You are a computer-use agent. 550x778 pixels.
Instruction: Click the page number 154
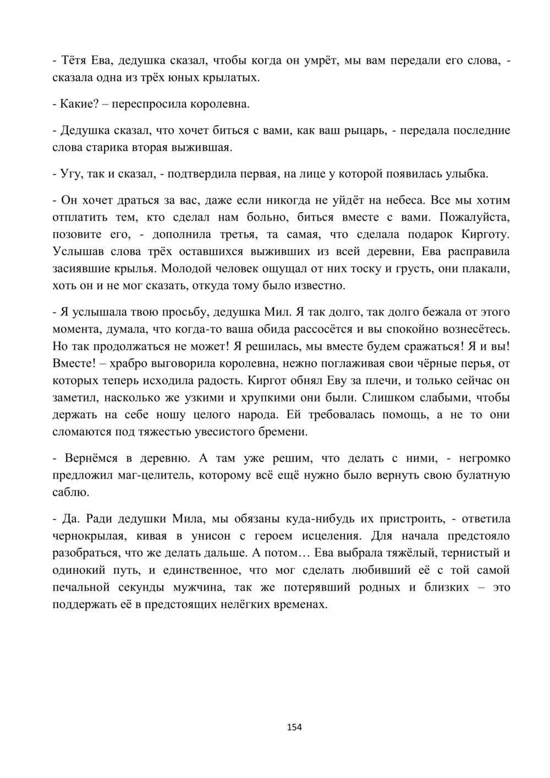[x=294, y=727]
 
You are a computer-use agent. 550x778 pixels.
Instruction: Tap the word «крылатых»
[x=234, y=78]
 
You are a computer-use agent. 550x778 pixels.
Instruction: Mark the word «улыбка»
[x=465, y=174]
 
